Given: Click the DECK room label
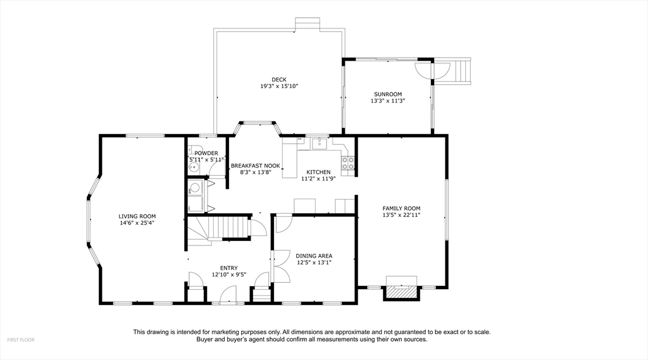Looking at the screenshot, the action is coord(279,80).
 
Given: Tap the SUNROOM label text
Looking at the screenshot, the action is coord(388,94).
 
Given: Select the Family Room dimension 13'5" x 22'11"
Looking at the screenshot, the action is coord(401,215).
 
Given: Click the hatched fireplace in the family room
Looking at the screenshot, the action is coord(401,292).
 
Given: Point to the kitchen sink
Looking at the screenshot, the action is coord(319,144).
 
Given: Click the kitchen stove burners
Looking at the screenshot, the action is coord(347,163).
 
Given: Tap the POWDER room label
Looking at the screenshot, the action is coord(206,153).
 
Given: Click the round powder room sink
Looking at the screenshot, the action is coord(193,168).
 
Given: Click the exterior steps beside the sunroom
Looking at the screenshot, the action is coord(463,71).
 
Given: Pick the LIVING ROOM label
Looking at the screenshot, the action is coord(137,216).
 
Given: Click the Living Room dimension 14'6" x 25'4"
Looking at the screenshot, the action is coord(137,223).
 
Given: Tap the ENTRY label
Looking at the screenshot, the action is coord(229,268).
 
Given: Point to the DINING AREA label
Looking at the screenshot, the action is coord(314,256).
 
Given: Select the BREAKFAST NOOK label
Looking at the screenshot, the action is coord(256,166).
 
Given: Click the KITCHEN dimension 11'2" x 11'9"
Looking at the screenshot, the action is coord(318,178).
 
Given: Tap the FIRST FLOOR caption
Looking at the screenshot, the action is coord(21,340).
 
